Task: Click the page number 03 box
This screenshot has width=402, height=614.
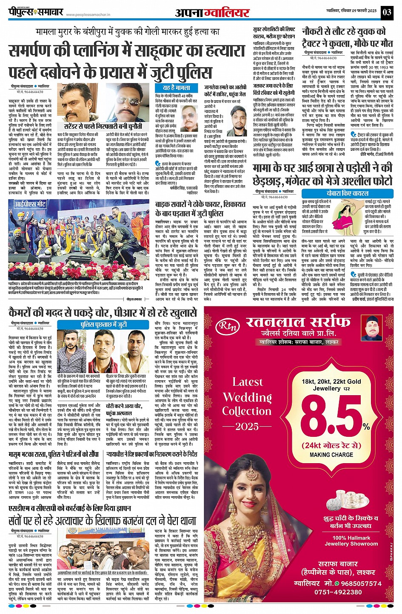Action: (x=387, y=12)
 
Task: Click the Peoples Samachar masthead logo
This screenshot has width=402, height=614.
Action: (x=36, y=12)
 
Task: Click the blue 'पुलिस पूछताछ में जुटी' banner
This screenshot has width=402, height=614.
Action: (x=104, y=325)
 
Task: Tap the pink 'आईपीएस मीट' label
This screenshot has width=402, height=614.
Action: (x=30, y=204)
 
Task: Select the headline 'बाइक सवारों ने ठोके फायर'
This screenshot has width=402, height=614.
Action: (x=189, y=209)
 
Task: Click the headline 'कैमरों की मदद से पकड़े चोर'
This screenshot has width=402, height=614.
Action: (x=102, y=313)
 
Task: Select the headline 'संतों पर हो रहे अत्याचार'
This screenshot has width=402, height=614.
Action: (x=102, y=520)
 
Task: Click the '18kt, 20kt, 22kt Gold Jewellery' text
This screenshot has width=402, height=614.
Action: (x=331, y=385)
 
